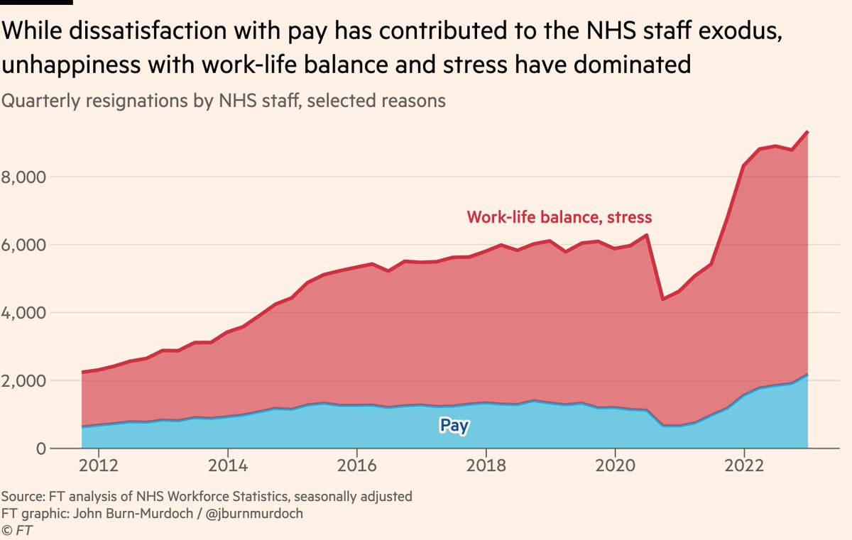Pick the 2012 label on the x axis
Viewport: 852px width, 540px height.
click(98, 467)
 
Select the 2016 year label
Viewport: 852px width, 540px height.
click(356, 467)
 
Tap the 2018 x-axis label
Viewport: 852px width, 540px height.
click(486, 467)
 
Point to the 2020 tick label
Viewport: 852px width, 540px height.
click(615, 467)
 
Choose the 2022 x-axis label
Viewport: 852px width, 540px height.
click(744, 467)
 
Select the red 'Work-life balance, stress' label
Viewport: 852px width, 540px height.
click(559, 217)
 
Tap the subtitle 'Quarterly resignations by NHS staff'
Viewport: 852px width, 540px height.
click(134, 101)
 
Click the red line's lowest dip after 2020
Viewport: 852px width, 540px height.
click(662, 299)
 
